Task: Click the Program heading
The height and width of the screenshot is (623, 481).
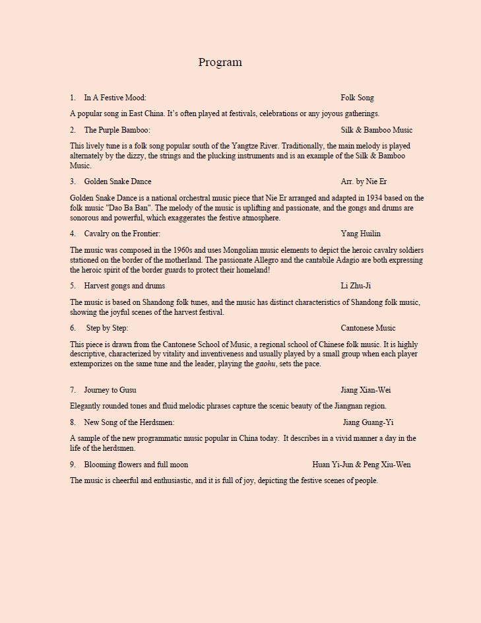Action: click(x=220, y=63)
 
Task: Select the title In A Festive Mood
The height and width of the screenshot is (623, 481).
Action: click(x=115, y=98)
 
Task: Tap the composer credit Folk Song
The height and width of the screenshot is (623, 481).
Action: click(x=357, y=98)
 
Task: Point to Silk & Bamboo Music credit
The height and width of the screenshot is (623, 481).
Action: click(x=376, y=130)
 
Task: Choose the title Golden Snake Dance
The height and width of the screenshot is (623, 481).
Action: click(x=117, y=181)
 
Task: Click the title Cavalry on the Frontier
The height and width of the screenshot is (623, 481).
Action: click(x=122, y=234)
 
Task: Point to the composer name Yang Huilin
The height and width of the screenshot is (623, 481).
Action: click(x=360, y=234)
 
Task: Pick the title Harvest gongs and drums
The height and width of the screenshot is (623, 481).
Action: click(x=124, y=286)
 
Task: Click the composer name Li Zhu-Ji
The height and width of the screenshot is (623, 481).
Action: click(x=356, y=286)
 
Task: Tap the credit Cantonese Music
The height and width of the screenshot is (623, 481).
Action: click(x=368, y=328)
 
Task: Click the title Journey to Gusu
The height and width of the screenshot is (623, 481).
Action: click(x=110, y=390)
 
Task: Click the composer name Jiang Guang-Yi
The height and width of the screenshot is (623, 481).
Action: click(x=368, y=422)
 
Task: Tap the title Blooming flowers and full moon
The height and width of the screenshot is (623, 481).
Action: click(x=136, y=465)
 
